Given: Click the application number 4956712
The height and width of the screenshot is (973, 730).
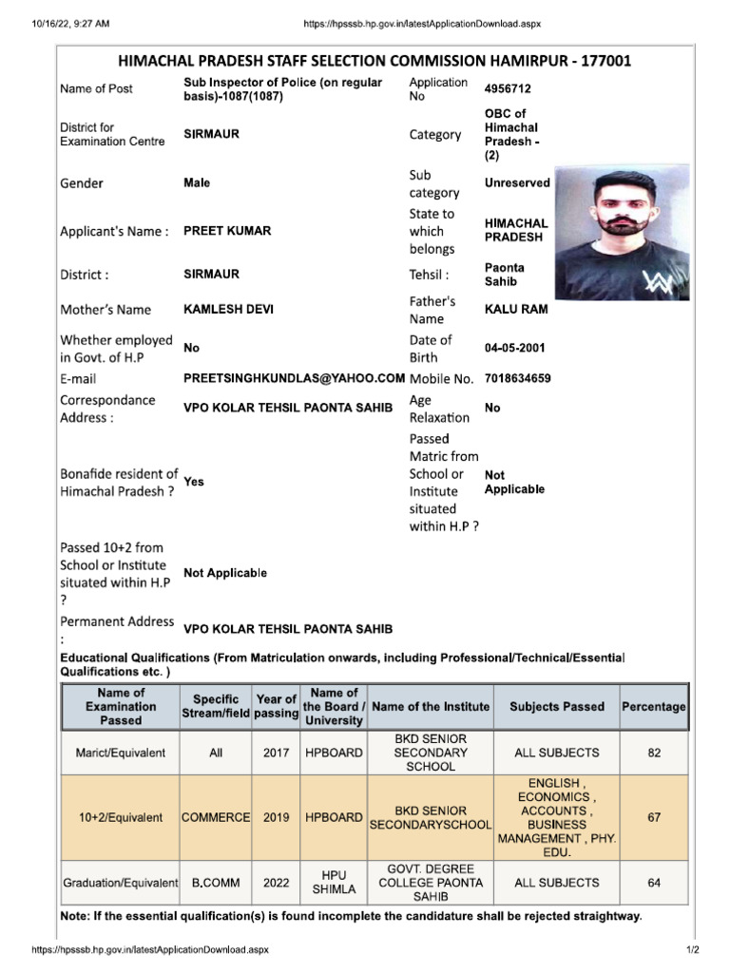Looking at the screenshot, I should [508, 88].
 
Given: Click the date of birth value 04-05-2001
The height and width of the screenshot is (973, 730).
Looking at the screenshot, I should [515, 349].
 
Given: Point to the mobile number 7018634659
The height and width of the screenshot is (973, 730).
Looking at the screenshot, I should [517, 378].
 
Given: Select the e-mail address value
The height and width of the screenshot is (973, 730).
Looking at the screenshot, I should [294, 378].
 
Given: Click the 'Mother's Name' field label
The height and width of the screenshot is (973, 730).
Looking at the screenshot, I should [106, 310].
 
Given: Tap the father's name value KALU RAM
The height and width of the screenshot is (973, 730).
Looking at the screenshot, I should [516, 310].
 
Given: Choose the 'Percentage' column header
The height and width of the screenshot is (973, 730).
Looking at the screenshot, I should [654, 707].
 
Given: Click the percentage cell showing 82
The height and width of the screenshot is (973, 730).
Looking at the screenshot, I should [654, 753].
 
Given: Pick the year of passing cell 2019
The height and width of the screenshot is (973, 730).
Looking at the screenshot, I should [277, 817].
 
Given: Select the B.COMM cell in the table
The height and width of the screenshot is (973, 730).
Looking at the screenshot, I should [216, 883].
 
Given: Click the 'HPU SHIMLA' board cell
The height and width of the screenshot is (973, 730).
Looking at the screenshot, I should [334, 883].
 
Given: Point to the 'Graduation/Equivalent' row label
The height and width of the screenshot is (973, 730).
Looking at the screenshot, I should [121, 883].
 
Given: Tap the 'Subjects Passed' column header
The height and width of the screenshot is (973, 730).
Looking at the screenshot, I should [557, 707].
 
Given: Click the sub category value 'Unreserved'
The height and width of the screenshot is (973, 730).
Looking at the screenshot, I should [517, 183].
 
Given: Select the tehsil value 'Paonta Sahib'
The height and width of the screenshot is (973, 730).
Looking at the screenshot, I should [504, 275].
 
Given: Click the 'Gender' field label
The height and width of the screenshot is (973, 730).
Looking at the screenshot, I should [82, 183].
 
